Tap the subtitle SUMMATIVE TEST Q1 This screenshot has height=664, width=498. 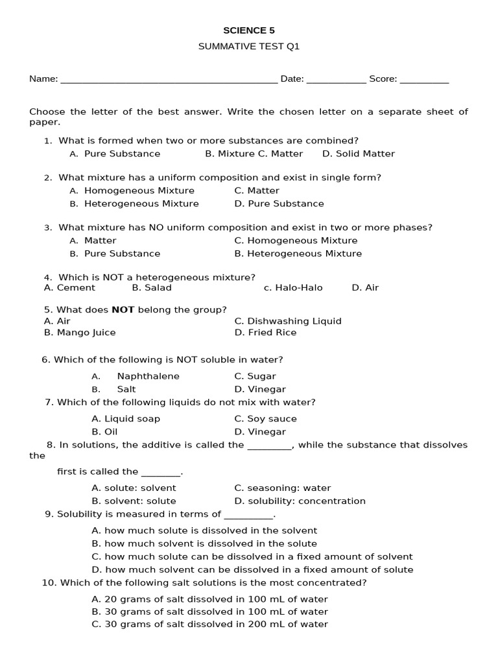248,47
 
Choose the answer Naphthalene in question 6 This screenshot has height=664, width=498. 148,376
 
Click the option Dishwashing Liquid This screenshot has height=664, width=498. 294,321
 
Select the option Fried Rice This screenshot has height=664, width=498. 272,333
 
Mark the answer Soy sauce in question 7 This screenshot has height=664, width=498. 272,419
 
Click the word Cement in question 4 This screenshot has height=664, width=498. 76,288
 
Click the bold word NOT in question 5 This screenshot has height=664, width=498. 123,310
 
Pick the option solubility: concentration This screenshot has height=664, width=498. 306,501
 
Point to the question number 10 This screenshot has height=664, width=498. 49,583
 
